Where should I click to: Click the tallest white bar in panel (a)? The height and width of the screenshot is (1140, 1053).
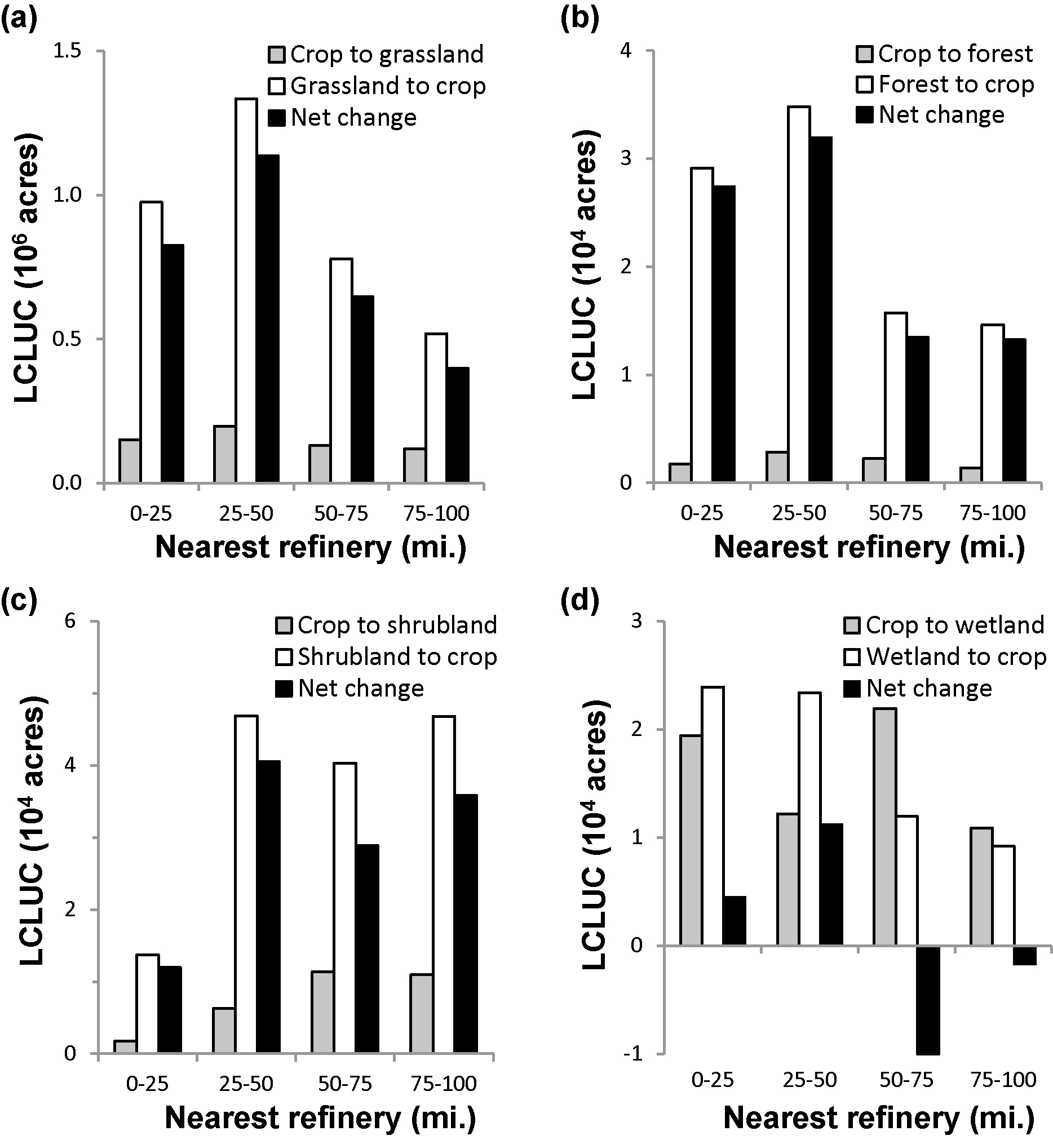246,291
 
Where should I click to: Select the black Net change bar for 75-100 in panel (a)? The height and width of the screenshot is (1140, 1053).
458,425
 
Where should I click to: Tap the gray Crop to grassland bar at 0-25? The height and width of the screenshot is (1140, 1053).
130,461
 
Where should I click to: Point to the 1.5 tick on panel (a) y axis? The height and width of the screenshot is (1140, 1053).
67,51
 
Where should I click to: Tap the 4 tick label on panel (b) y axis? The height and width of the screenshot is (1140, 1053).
626,51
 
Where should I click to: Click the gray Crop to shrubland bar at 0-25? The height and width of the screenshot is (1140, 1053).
125,1046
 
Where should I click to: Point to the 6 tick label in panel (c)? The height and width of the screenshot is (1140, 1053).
70,620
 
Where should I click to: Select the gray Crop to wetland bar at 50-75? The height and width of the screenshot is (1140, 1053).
884,827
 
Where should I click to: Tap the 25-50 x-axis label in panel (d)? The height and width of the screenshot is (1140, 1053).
809,1080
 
